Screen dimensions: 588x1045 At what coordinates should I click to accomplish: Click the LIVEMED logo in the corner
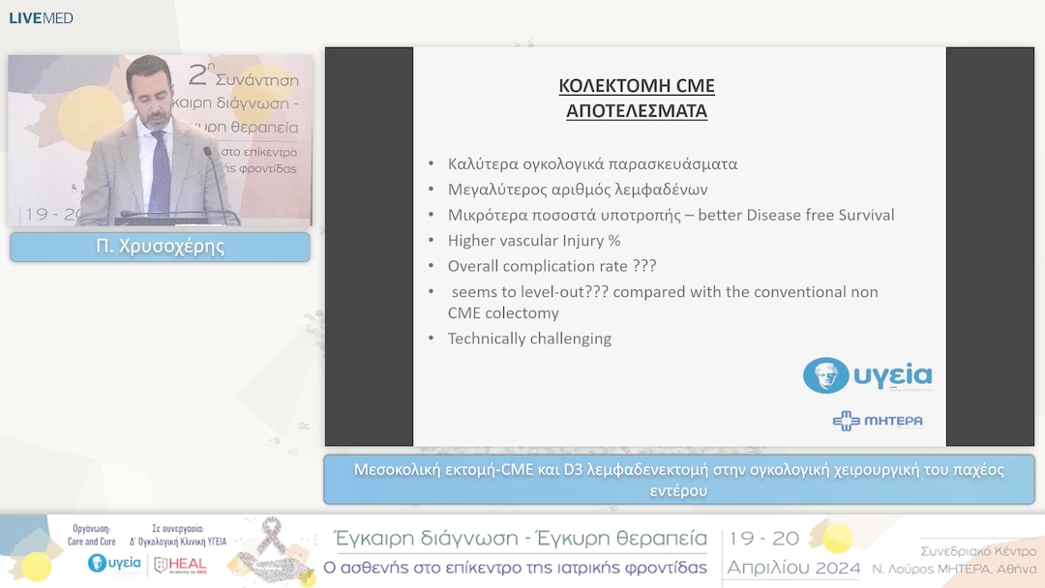41,17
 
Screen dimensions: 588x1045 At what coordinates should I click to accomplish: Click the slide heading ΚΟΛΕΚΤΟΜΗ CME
636,86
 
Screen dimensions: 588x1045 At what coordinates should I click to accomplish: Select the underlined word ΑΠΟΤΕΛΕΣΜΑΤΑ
636,111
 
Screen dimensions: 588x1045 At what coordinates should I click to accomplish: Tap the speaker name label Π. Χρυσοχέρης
160,247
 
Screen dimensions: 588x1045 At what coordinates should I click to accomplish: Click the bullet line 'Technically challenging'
529,338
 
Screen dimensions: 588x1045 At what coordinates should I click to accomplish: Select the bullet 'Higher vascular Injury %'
533,240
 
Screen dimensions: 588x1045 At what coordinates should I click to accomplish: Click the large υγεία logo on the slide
867,375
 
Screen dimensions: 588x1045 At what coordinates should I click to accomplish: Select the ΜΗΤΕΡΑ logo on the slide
877,421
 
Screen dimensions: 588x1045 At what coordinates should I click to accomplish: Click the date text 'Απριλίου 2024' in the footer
792,568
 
